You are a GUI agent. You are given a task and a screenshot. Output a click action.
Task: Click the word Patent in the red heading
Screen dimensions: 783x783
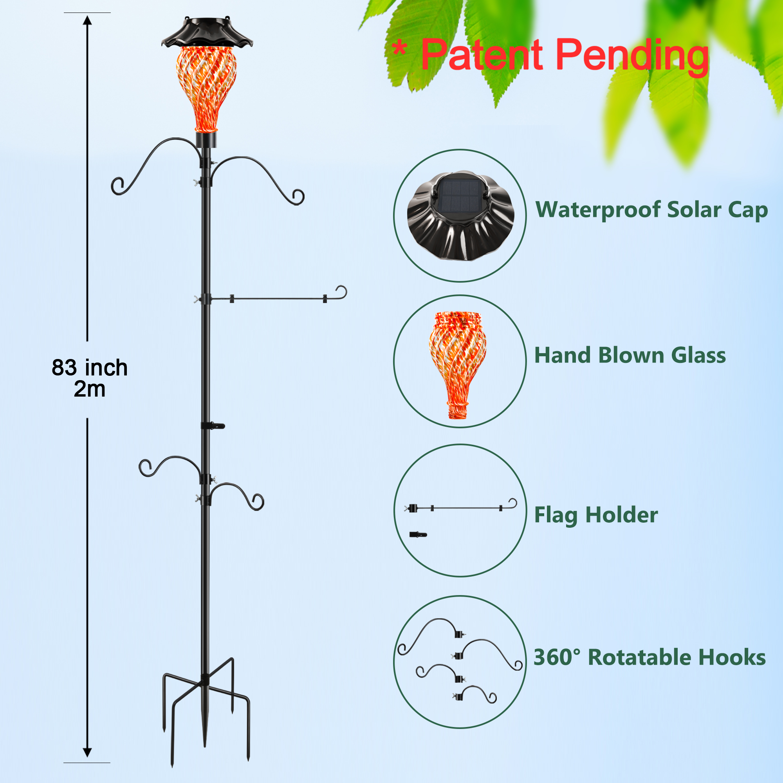click(x=482, y=54)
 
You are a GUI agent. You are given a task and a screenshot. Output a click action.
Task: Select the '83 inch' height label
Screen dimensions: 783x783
click(x=90, y=368)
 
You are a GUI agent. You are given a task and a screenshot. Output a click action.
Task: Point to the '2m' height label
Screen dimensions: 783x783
click(x=90, y=389)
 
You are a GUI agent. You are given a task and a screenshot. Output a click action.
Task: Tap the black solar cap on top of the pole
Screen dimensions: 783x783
click(x=207, y=32)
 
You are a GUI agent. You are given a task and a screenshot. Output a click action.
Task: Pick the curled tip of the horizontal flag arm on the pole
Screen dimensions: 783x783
click(x=342, y=292)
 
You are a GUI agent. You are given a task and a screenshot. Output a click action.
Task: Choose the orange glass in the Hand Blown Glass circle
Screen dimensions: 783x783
click(x=458, y=365)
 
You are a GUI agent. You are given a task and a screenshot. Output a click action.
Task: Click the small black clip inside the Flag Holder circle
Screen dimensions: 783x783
click(x=418, y=534)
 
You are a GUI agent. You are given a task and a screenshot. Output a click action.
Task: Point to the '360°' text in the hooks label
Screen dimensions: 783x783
click(x=557, y=657)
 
